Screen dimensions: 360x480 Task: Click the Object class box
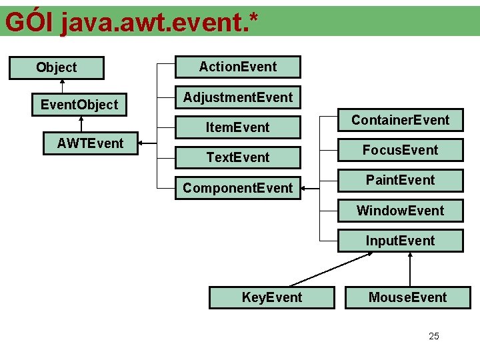pyautogui.click(x=57, y=67)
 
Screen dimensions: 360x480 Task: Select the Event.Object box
pyautogui.click(x=79, y=104)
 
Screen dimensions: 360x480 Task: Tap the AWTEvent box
pyautogui.click(x=91, y=143)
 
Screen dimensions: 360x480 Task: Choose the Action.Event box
pyautogui.click(x=238, y=67)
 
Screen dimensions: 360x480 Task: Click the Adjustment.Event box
pyautogui.click(x=238, y=97)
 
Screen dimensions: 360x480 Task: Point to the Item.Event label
pyautogui.click(x=238, y=127)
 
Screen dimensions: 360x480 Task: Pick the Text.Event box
pyautogui.click(x=238, y=157)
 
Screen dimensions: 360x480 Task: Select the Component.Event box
pyautogui.click(x=238, y=188)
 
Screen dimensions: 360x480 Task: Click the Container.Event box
pyautogui.click(x=400, y=120)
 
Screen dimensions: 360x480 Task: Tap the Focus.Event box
pyautogui.click(x=400, y=150)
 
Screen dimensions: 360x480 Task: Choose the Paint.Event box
pyautogui.click(x=400, y=180)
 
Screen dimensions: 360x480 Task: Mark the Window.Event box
pyautogui.click(x=400, y=211)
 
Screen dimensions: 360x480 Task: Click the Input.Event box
pyautogui.click(x=400, y=241)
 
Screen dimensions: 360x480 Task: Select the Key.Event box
pyautogui.click(x=271, y=297)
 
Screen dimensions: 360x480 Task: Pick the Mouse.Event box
pyautogui.click(x=407, y=297)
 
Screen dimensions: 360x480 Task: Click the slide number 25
pyautogui.click(x=434, y=336)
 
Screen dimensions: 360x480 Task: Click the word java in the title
pyautogui.click(x=83, y=23)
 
